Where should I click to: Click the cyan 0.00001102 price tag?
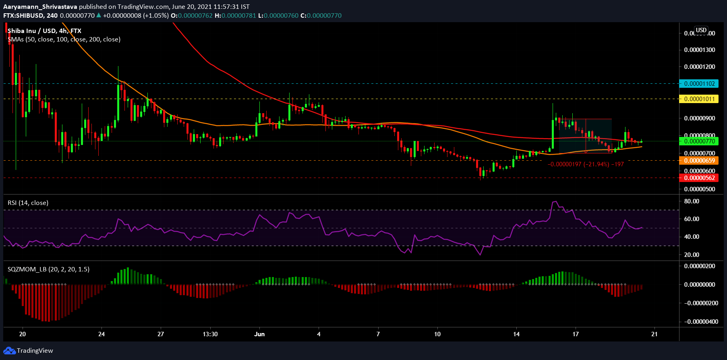[699, 84]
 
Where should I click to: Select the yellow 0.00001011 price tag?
[699, 99]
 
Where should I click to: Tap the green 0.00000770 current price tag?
[699, 141]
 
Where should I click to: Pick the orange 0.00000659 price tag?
[699, 161]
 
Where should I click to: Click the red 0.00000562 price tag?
[699, 178]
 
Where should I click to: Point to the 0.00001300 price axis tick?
[700, 50]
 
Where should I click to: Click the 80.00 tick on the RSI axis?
[692, 201]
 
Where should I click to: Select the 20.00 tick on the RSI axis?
[692, 254]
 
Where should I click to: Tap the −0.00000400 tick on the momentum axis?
[701, 322]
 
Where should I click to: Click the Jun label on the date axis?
[260, 334]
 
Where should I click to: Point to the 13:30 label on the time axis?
[210, 334]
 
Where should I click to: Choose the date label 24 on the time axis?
[101, 334]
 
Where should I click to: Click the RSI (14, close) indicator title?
[28, 203]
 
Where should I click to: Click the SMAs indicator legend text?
[64, 39]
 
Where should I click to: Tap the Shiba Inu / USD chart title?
[44, 31]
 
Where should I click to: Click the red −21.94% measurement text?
[586, 164]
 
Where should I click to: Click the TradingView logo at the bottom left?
[28, 351]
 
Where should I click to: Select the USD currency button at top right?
[701, 30]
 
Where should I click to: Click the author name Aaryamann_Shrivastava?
[40, 7]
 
